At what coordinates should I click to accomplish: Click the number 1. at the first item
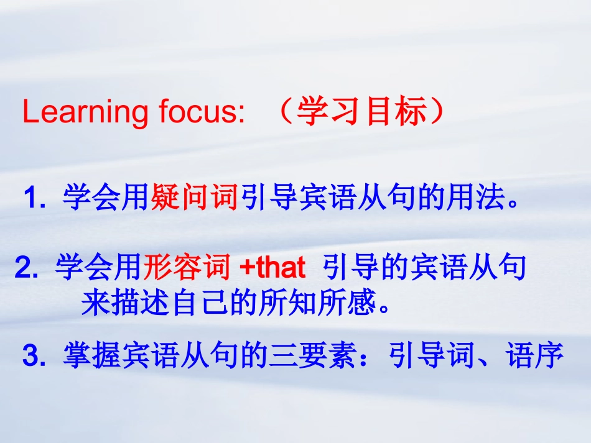(34, 200)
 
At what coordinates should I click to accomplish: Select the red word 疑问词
(195, 199)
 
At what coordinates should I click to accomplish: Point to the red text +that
(272, 268)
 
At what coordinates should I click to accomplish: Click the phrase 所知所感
(332, 304)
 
